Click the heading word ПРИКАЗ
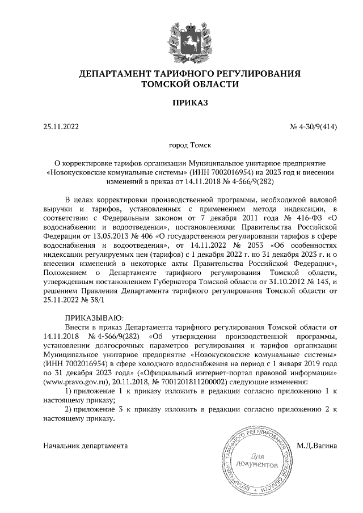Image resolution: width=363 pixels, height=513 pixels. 181,103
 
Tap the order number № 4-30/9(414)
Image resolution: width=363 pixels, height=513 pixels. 314,127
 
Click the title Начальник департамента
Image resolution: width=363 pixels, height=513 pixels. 85,446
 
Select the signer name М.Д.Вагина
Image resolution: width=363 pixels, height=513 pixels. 317,446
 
